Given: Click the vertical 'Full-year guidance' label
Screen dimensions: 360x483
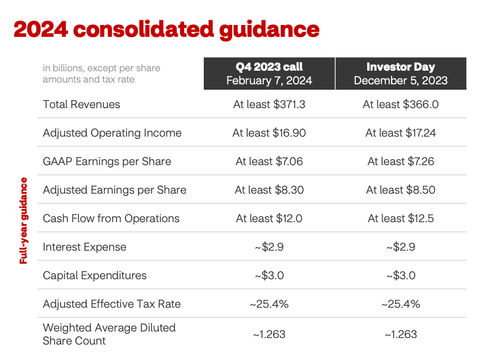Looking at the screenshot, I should pyautogui.click(x=24, y=220).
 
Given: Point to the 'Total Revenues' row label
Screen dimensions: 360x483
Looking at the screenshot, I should pyautogui.click(x=81, y=105).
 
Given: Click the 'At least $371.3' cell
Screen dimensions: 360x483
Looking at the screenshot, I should pyautogui.click(x=269, y=105).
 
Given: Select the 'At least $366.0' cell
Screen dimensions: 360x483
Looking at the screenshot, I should pyautogui.click(x=400, y=105).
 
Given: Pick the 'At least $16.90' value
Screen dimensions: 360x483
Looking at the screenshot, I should pyautogui.click(x=269, y=133).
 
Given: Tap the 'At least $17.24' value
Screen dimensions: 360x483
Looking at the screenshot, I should pyautogui.click(x=400, y=133).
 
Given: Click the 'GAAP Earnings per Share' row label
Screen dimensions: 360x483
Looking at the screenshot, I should pyautogui.click(x=107, y=162).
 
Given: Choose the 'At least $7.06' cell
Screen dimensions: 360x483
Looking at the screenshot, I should pyautogui.click(x=269, y=162).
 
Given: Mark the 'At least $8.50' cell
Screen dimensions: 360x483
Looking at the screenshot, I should pyautogui.click(x=400, y=190).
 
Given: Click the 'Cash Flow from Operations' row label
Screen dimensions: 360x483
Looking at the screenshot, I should pyautogui.click(x=111, y=219).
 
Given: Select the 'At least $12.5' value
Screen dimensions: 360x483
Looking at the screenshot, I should pyautogui.click(x=400, y=219).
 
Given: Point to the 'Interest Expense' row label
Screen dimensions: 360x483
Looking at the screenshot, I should pyautogui.click(x=84, y=247).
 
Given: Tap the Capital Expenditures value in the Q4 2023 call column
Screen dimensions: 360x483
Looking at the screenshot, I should pyautogui.click(x=269, y=276).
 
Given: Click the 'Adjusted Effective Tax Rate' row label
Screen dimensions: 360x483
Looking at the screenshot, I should pyautogui.click(x=112, y=304).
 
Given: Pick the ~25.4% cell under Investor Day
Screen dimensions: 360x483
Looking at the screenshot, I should pyautogui.click(x=400, y=304).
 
